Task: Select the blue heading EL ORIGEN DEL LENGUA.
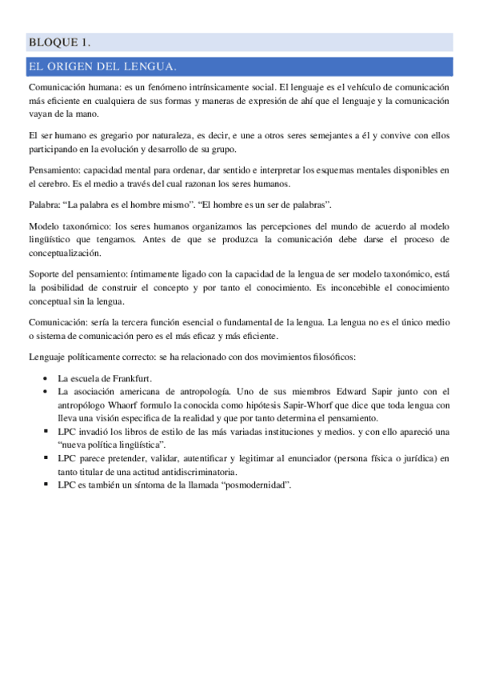(x=102, y=66)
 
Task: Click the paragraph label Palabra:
(x=45, y=205)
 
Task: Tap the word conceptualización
(x=64, y=253)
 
